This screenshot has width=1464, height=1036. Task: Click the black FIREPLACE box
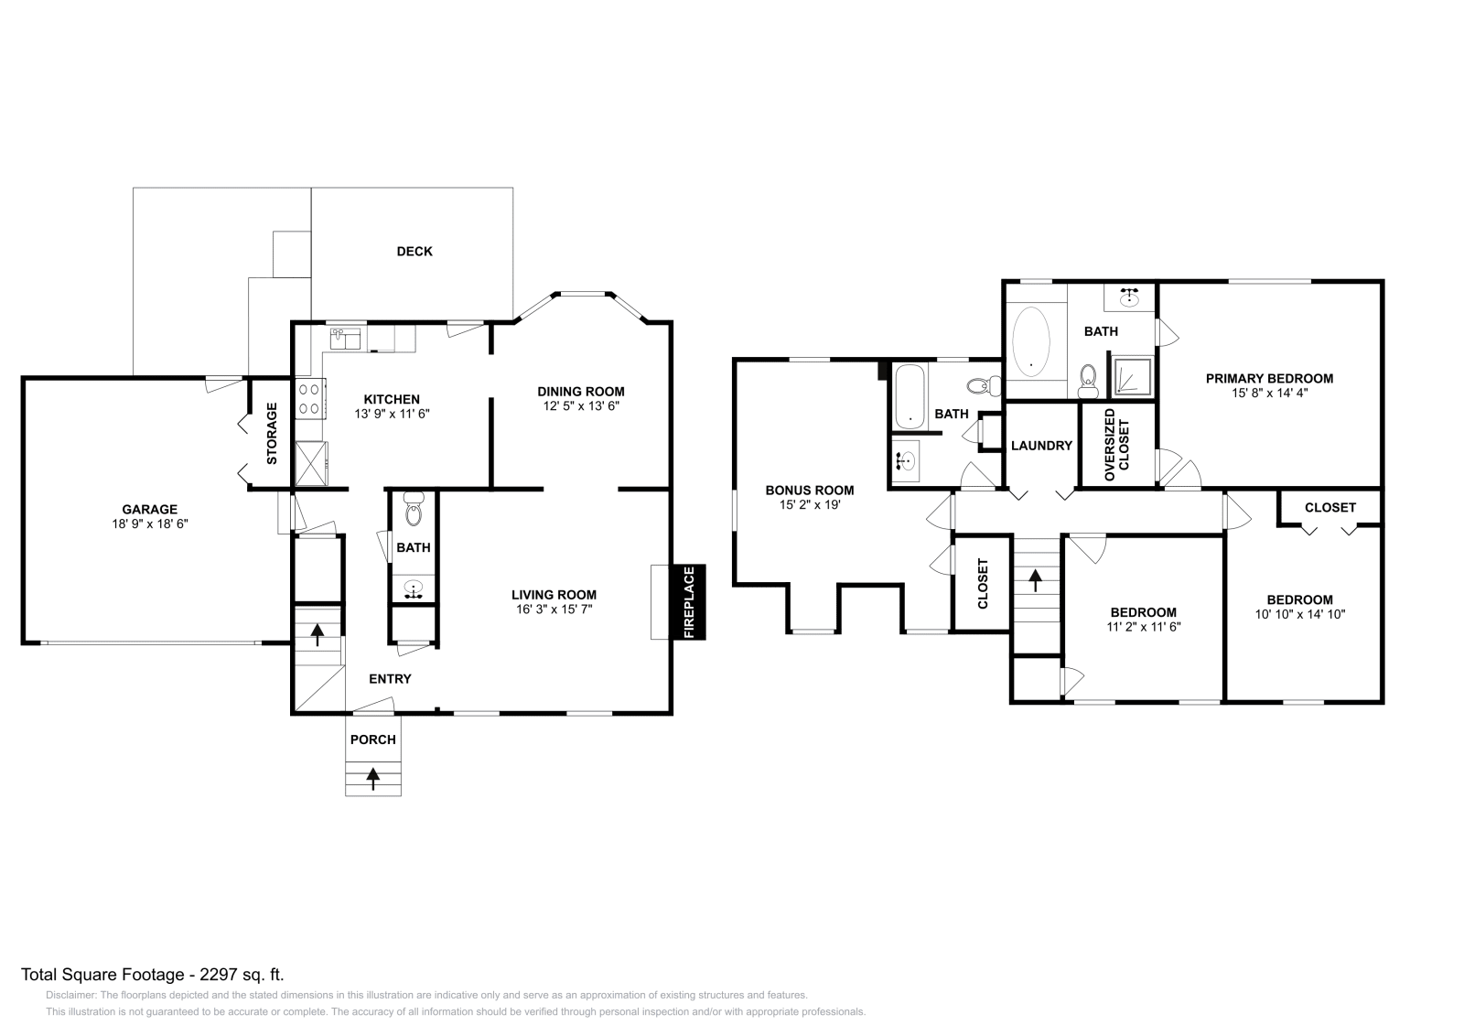coord(689,602)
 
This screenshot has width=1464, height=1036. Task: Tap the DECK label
coord(414,252)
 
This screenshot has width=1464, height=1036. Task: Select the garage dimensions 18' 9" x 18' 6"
coord(149,524)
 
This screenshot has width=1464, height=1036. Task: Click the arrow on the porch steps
coord(373,778)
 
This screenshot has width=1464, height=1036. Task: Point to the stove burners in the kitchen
coord(309,398)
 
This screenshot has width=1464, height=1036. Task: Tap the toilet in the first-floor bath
coord(414,510)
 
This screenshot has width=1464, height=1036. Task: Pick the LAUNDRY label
coord(1041,446)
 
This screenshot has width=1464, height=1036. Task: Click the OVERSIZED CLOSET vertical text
coord(1117,445)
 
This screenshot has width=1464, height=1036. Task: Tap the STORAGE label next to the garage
coord(272,433)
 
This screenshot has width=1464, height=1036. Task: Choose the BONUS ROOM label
coord(810,490)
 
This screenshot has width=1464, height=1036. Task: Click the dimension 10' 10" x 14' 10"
coord(1300,615)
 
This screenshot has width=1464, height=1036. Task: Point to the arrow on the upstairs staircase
coord(1036,580)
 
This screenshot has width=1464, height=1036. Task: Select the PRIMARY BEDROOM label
coord(1269,378)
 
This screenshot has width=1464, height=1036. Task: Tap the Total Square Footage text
coord(159,974)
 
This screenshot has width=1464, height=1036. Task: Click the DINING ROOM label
coord(580,391)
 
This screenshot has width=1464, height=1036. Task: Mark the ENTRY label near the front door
coord(390,678)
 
